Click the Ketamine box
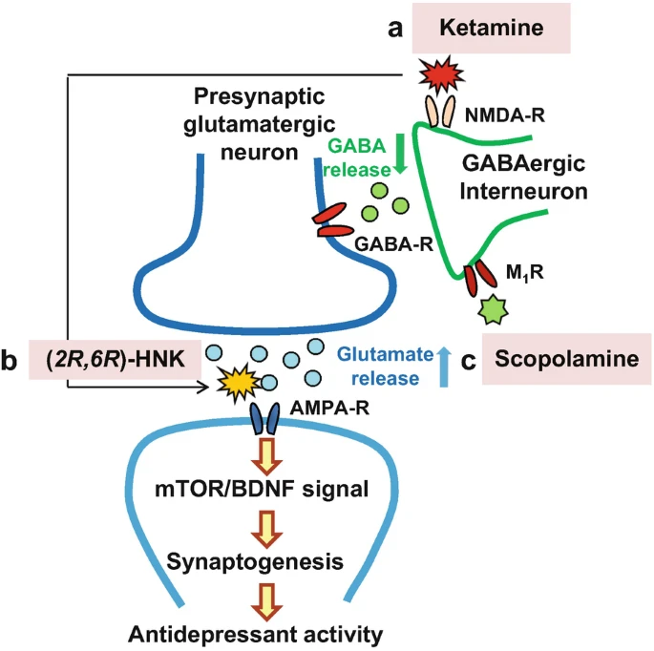point(491,28)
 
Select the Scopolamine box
point(566,359)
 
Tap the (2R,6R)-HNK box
point(115,360)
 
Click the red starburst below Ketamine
point(441,74)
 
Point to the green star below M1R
point(493,309)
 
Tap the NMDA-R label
point(505,115)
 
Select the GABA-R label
point(393,244)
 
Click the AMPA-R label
point(329,408)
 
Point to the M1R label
point(524,272)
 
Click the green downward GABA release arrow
point(400,153)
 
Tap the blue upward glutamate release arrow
point(444,367)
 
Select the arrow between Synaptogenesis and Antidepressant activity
point(267,601)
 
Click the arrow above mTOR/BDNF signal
point(267,456)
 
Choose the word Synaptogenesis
point(255,562)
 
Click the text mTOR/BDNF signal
point(262,489)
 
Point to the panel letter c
point(469,361)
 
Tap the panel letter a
point(395,30)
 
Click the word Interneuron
point(523,192)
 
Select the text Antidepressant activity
point(255,635)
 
